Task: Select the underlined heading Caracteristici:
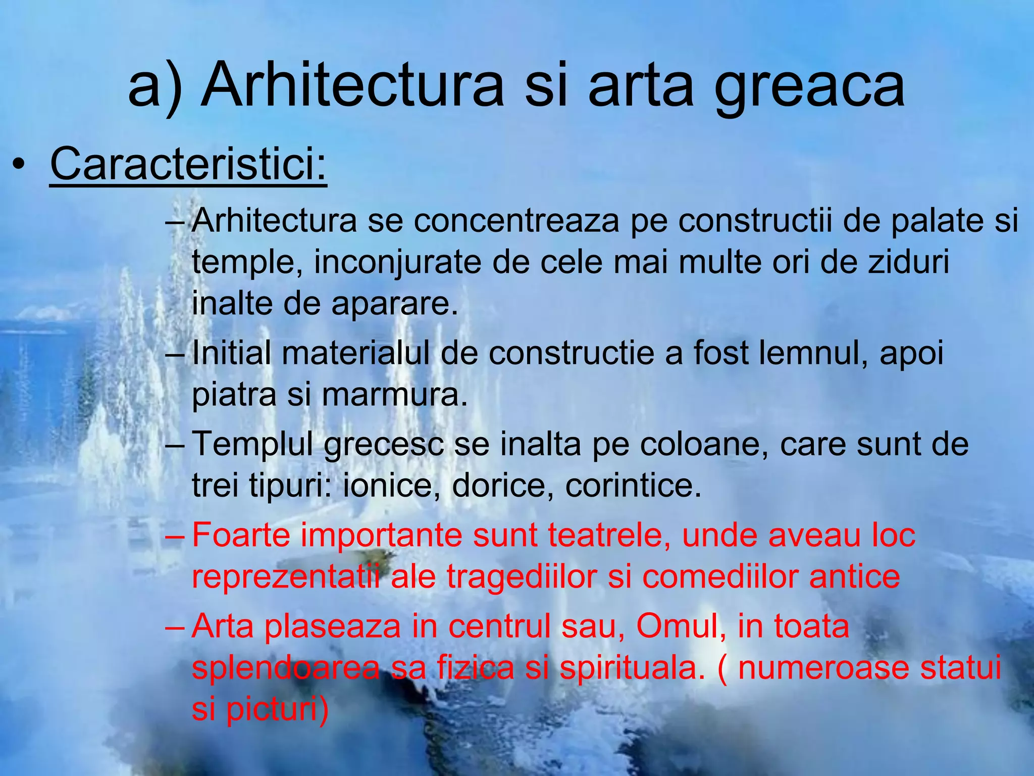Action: [188, 164]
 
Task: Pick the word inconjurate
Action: [397, 262]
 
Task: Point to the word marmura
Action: [394, 395]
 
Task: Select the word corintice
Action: [633, 486]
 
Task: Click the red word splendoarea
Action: [286, 667]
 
